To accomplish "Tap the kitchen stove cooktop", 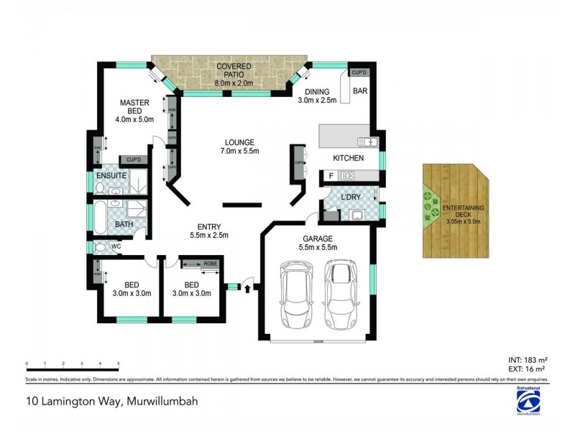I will [348, 175].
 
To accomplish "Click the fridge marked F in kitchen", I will [331, 175].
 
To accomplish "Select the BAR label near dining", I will [361, 91].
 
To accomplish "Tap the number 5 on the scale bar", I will [118, 363].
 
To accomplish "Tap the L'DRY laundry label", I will [351, 197].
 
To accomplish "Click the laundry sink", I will [355, 215].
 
